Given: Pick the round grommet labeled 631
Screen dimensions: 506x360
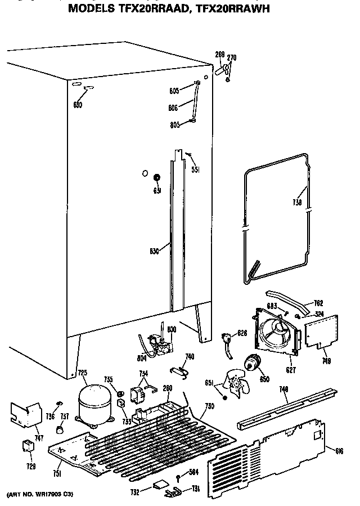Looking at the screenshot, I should pyautogui.click(x=157, y=178).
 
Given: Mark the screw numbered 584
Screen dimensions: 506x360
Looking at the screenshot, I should pyautogui.click(x=178, y=477).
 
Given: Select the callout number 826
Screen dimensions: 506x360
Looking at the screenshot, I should pyautogui.click(x=242, y=333).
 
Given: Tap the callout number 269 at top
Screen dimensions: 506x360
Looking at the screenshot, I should pyautogui.click(x=220, y=55).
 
